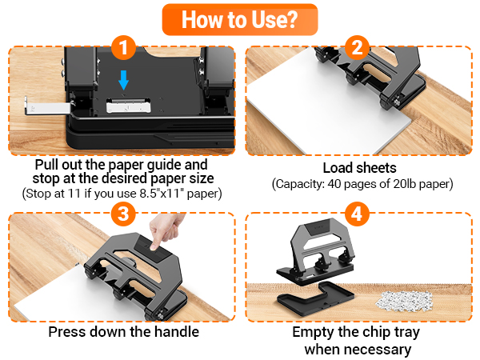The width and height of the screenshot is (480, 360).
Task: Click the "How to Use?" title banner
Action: (240, 19)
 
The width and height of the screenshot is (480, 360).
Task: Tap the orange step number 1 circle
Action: (123, 48)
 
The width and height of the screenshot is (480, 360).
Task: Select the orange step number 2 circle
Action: (357, 48)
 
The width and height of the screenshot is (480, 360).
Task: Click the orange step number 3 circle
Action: (123, 214)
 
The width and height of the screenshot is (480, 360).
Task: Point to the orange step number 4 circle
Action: (357, 214)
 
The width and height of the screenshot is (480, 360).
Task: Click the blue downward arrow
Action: (123, 80)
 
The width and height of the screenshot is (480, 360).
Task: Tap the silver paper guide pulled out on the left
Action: (48, 107)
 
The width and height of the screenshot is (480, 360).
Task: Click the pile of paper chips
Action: (404, 299)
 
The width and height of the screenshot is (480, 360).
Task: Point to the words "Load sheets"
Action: (360, 168)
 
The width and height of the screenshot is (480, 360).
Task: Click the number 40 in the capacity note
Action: (334, 184)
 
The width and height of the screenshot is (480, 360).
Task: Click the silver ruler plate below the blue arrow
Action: (128, 106)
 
